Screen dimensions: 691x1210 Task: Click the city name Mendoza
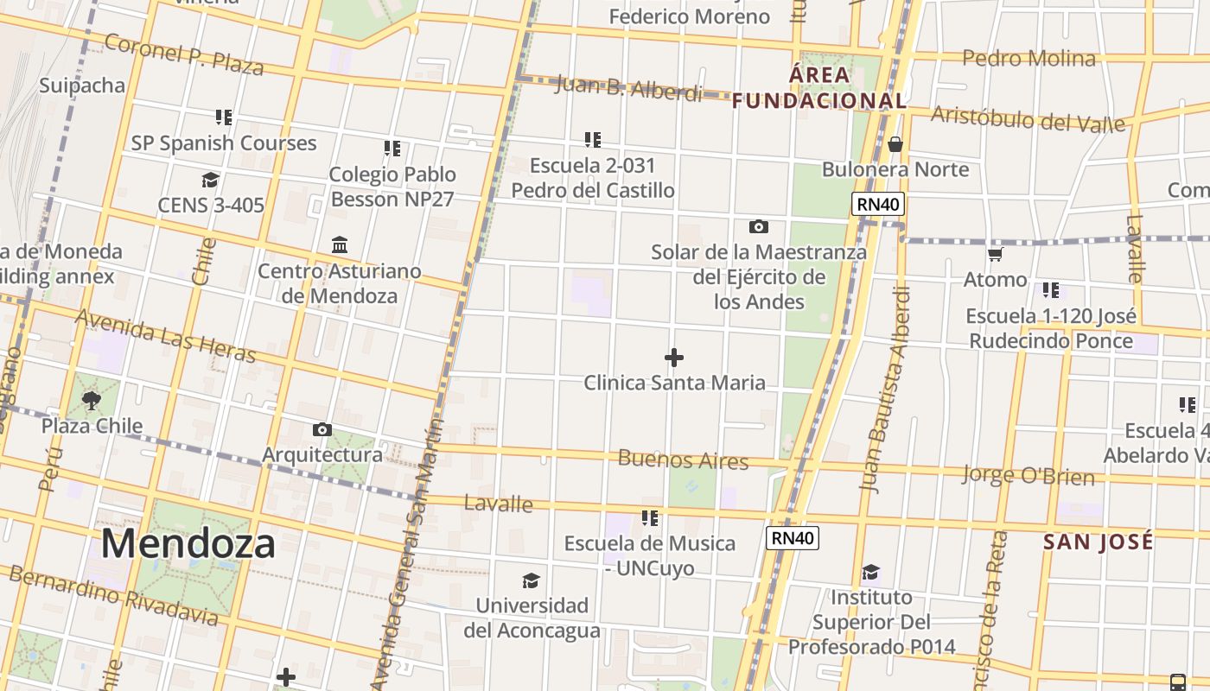coord(188,544)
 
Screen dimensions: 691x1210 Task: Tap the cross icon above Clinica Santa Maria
coord(674,358)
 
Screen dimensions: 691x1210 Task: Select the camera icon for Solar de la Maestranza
coord(758,227)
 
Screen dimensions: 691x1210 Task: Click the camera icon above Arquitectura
coord(322,430)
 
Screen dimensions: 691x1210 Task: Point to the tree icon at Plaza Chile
coord(91,400)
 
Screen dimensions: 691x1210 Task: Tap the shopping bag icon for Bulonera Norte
coord(895,143)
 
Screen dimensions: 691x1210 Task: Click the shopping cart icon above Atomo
coord(995,254)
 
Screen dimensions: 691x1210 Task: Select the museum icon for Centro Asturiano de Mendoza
coord(340,245)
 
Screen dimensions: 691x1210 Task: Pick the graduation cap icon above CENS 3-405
coord(210,180)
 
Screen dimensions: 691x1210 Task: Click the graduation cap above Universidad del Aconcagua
coord(531,580)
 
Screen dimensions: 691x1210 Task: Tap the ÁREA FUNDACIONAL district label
coord(819,88)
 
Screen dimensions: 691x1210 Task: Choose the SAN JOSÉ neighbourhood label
coord(1098,542)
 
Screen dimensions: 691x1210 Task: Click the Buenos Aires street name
coord(683,460)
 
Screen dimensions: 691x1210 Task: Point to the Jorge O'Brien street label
coord(1028,475)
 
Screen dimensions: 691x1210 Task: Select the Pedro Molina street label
coord(1028,59)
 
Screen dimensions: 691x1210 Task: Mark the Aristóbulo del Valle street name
coord(1028,118)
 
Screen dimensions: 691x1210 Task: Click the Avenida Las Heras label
coord(165,336)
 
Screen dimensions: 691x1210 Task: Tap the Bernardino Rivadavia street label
coord(112,594)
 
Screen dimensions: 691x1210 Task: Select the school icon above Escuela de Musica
coord(650,518)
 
